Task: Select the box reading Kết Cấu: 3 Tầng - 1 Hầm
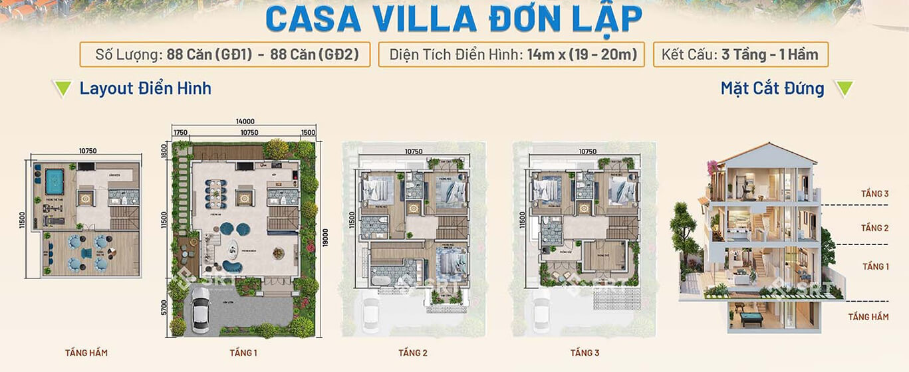pos(739,54)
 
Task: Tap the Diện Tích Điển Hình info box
pos(511,54)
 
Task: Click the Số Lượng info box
pos(224,54)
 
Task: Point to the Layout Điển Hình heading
pos(145,88)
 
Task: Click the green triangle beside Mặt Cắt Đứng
pos(843,88)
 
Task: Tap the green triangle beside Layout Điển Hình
pos(63,88)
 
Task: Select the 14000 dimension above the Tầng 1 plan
pos(244,121)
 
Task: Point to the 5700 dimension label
pos(165,309)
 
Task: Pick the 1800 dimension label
pos(165,151)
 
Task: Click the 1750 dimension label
pos(180,132)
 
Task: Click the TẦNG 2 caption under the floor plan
pos(413,353)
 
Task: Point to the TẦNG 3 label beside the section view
pos(874,194)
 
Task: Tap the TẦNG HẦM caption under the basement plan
pos(86,353)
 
